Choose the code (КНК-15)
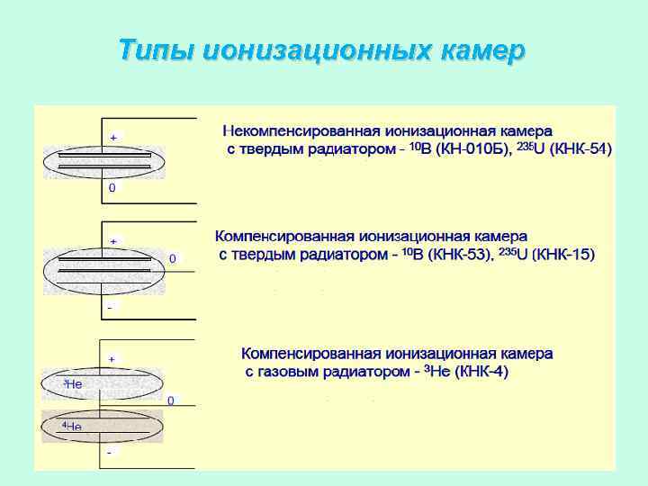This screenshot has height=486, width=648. (564, 256)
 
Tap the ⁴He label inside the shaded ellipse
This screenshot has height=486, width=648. (71, 425)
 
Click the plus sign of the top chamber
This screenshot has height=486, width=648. (113, 137)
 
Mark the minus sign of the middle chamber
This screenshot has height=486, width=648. (110, 307)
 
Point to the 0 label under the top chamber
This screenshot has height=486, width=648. (112, 189)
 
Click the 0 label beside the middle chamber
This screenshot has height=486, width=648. (173, 258)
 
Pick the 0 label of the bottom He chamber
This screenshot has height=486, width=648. (171, 399)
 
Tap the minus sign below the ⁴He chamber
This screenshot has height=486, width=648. (110, 452)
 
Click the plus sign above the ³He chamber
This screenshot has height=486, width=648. (112, 358)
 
